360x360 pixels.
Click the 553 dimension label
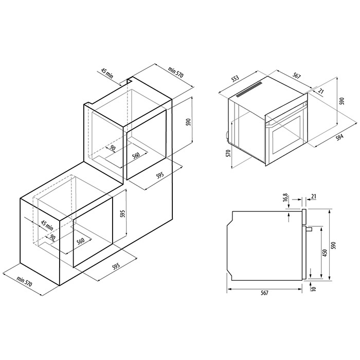[235, 78]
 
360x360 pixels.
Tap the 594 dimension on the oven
[339, 137]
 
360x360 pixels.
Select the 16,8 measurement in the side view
[285, 197]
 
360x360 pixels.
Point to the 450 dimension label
[325, 253]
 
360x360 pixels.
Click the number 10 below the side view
[314, 289]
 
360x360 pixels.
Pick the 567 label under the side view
[264, 293]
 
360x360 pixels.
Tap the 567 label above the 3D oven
[297, 76]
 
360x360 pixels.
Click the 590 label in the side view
[334, 245]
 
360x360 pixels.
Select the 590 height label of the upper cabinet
[188, 122]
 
